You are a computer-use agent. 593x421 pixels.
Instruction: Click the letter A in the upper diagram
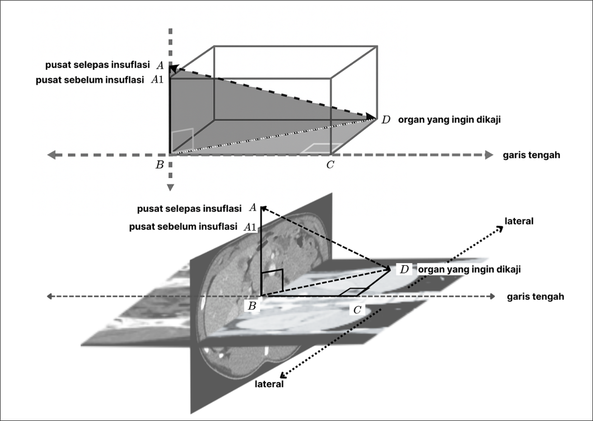pos(160,65)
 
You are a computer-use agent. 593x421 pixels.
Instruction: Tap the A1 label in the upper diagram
pos(157,80)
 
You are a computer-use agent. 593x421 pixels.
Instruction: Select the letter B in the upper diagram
pos(159,165)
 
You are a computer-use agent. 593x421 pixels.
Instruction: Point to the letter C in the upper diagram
pos(330,165)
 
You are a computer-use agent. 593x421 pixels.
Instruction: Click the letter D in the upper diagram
pos(386,120)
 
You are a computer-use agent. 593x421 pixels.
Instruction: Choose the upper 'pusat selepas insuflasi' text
pos(98,65)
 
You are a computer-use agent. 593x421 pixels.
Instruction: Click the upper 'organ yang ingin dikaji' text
pos(449,120)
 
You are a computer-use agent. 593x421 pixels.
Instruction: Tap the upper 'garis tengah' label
pos(531,155)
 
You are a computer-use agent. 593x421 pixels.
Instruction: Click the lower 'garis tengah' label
pos(535,296)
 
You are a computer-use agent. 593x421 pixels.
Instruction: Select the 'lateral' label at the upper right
pos(519,221)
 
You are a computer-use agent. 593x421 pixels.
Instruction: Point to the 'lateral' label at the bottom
pos(269,384)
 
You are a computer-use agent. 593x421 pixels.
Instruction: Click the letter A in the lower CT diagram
pos(253,208)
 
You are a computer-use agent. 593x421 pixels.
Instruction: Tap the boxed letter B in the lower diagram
pos(252,306)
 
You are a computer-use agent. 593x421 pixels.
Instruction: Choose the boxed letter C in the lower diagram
pos(357,310)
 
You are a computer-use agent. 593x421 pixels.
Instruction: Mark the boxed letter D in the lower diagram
pos(404,269)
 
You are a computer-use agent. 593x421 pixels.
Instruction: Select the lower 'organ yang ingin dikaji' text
pos(469,269)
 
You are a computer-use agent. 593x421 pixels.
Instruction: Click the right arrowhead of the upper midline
pos(489,155)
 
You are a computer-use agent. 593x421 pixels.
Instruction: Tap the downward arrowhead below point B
pos(170,187)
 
